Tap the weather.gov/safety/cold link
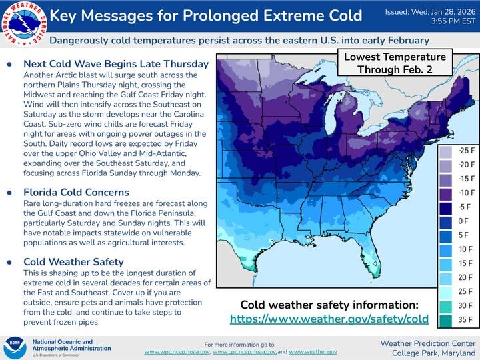point(329,319)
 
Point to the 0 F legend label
point(463,221)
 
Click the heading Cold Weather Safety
point(73,262)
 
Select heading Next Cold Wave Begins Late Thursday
point(116,65)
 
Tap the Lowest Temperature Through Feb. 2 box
point(395,63)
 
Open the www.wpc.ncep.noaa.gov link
point(177,351)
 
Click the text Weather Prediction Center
point(428,343)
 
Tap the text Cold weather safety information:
point(329,305)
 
